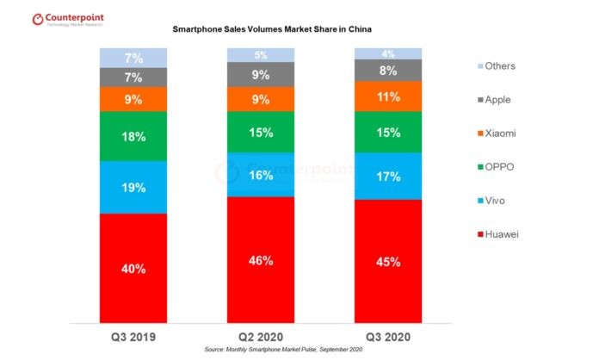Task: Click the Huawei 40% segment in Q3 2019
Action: click(x=133, y=268)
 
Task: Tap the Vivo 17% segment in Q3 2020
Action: click(x=388, y=176)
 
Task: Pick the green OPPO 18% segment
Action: click(x=133, y=135)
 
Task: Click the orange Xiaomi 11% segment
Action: click(x=388, y=96)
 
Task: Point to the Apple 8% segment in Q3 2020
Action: click(x=388, y=71)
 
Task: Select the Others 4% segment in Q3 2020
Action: click(x=388, y=54)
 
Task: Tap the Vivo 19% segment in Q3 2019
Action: click(x=133, y=187)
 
